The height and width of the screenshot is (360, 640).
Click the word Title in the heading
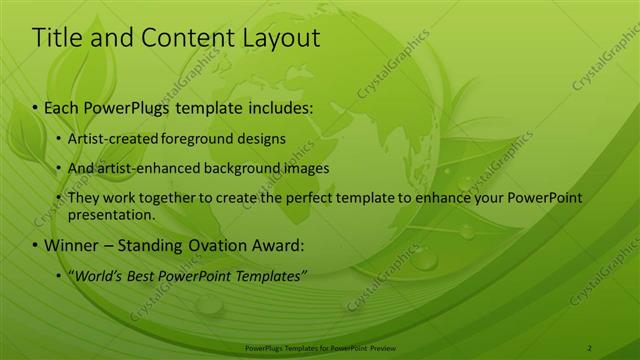[x=56, y=38]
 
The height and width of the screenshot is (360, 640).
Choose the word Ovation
[x=218, y=245]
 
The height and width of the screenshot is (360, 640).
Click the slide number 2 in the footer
[x=590, y=347]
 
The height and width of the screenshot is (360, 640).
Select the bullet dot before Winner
[x=36, y=245]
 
